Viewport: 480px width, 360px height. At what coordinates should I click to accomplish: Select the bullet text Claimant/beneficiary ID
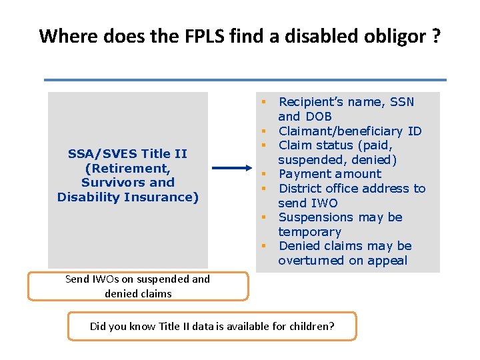(x=350, y=131)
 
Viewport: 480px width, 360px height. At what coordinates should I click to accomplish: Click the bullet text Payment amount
(x=330, y=174)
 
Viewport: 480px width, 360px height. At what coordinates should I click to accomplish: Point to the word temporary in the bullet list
(x=309, y=232)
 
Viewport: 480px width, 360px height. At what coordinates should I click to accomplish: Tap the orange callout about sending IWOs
(x=138, y=287)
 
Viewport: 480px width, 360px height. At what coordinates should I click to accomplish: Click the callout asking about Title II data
(x=212, y=326)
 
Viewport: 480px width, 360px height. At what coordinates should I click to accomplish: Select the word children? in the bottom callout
(x=311, y=326)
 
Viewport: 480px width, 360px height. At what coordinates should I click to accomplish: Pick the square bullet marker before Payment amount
(x=264, y=175)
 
